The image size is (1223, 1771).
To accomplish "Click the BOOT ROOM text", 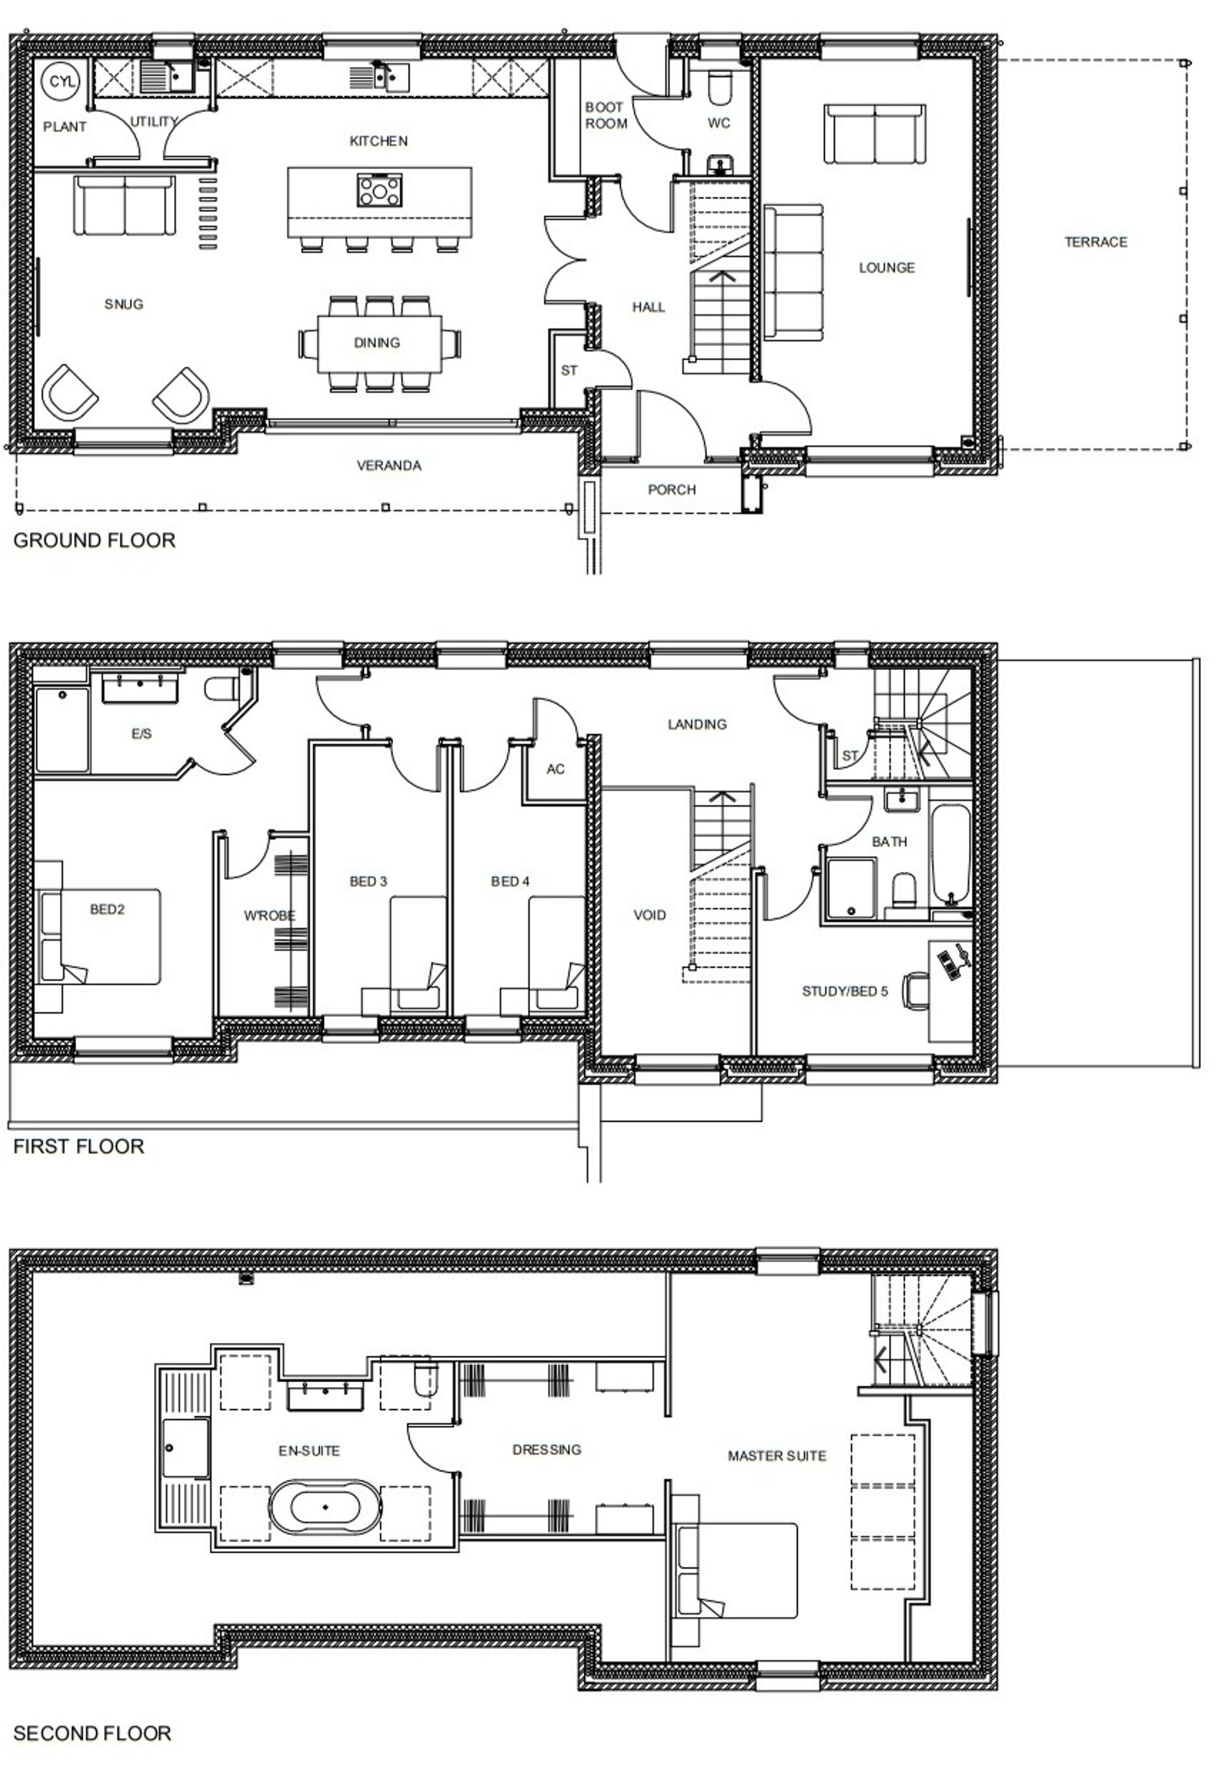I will click(605, 115).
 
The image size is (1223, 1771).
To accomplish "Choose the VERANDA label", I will click(388, 465).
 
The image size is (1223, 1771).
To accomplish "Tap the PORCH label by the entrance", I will click(671, 490).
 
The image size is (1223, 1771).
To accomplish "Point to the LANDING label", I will click(696, 724).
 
